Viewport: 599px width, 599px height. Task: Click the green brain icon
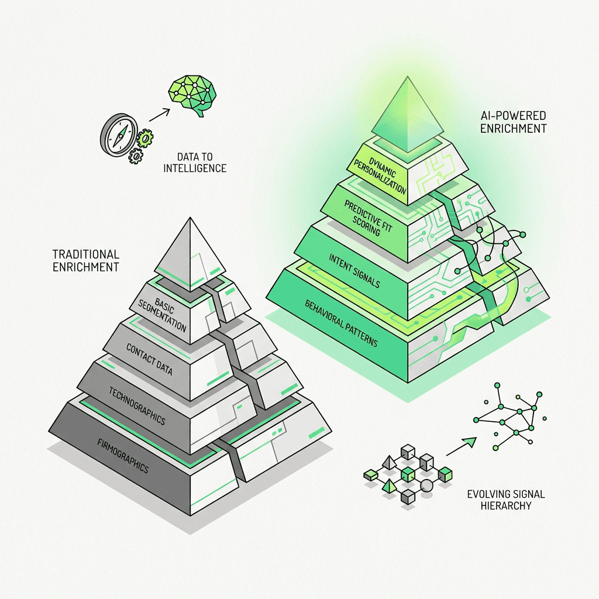click(191, 94)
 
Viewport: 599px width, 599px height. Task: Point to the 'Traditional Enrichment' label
click(85, 260)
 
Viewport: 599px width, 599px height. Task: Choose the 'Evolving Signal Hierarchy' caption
click(506, 500)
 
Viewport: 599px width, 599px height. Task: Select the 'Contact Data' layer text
click(150, 356)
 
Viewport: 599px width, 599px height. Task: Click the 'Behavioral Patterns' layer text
click(341, 322)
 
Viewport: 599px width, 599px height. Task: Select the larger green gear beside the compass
click(144, 139)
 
